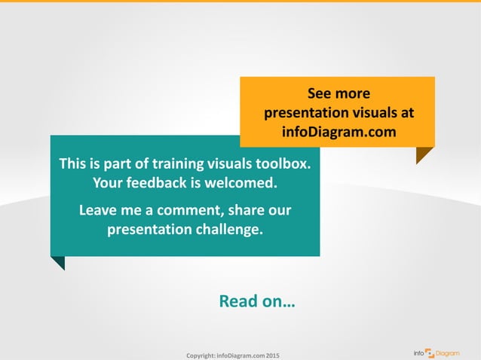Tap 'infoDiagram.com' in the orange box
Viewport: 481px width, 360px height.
coord(338,132)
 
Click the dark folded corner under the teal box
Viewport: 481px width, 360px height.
coord(58,262)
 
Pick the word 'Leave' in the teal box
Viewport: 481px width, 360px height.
coord(99,209)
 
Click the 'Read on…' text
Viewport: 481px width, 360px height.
coord(256,302)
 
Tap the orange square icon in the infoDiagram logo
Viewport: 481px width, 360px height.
coord(430,352)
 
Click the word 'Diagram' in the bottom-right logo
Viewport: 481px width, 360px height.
coord(447,352)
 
